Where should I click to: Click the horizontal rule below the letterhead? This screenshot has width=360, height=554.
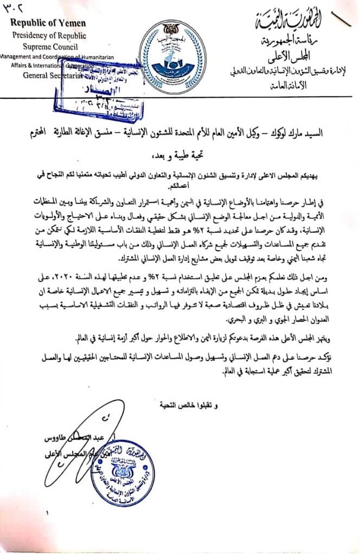click(179, 98)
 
